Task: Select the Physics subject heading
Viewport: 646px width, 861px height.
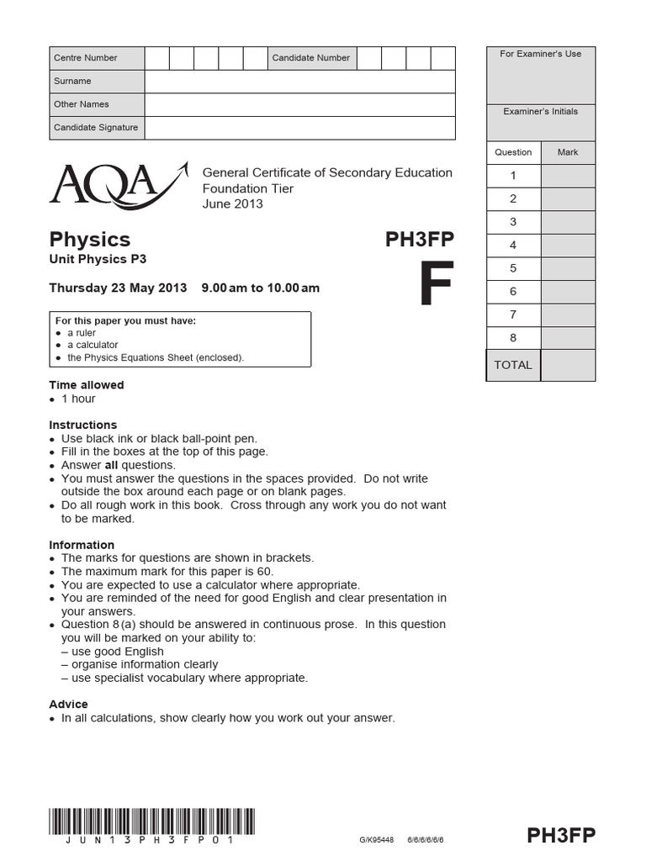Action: (89, 240)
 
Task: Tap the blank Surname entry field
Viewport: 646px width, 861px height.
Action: (299, 82)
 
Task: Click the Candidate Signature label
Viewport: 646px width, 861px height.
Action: (95, 128)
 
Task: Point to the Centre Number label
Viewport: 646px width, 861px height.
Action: (86, 58)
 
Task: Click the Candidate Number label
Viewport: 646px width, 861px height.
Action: (310, 58)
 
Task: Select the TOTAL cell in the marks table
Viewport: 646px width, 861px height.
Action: (513, 365)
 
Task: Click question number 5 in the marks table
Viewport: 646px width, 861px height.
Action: (513, 268)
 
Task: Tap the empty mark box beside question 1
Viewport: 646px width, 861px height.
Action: (568, 176)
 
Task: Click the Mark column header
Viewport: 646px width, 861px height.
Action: (568, 152)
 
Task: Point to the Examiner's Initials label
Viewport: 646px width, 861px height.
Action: (541, 111)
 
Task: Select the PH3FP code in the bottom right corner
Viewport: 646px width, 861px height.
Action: (561, 835)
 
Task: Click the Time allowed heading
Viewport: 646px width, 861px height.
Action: (87, 385)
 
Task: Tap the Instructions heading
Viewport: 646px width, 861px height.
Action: (83, 425)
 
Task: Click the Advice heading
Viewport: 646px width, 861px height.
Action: (69, 705)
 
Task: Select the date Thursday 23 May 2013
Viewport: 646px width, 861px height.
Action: (118, 288)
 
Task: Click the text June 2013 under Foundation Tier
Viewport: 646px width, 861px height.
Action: (233, 203)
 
